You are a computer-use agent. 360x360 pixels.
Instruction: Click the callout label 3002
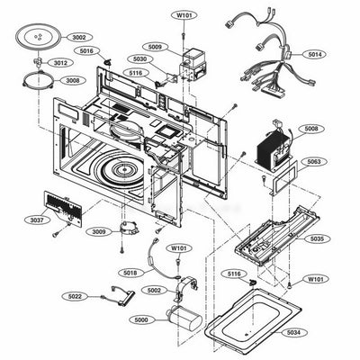click(78, 37)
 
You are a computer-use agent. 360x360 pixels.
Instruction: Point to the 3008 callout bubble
click(71, 80)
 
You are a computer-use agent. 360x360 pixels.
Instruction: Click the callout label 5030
click(142, 59)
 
